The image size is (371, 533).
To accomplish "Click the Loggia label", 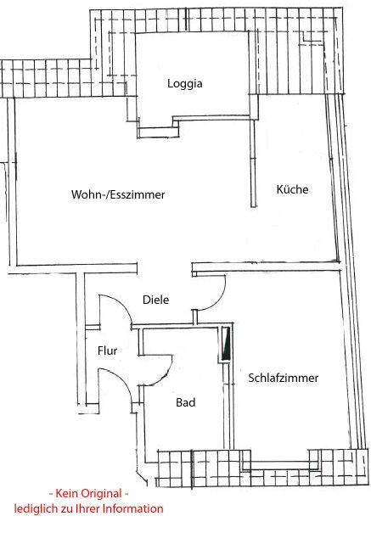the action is [x=184, y=84].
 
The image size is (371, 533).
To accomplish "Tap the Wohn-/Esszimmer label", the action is [x=118, y=194].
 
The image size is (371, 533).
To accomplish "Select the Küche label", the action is [x=292, y=189].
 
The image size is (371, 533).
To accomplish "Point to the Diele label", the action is [x=155, y=300].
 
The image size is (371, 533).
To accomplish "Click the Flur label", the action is [x=107, y=351].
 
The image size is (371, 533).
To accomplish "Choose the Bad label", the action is [x=186, y=402].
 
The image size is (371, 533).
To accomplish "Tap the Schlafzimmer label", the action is [x=284, y=378].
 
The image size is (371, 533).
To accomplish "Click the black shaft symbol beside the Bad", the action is [x=226, y=344].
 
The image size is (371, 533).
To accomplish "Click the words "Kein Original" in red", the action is [x=88, y=493].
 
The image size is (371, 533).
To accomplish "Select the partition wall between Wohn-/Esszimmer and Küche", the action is [x=253, y=162].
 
